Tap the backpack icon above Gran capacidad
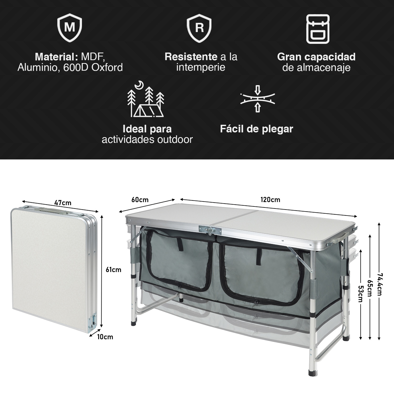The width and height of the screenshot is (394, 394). (x=318, y=29)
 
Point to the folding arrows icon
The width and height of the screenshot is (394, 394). (x=258, y=98)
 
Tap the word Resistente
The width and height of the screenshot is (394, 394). (x=191, y=57)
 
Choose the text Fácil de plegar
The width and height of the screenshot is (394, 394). (x=256, y=129)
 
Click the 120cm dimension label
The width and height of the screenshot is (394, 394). (x=270, y=200)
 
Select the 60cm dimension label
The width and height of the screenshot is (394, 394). (x=140, y=200)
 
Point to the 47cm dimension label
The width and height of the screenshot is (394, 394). (x=63, y=203)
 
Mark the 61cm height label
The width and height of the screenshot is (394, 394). (x=113, y=269)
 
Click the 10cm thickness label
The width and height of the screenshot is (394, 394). (x=105, y=337)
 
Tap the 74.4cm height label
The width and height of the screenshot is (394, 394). (x=380, y=284)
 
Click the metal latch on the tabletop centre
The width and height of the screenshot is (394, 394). (x=210, y=230)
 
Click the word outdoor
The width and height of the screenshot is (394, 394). (x=175, y=139)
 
